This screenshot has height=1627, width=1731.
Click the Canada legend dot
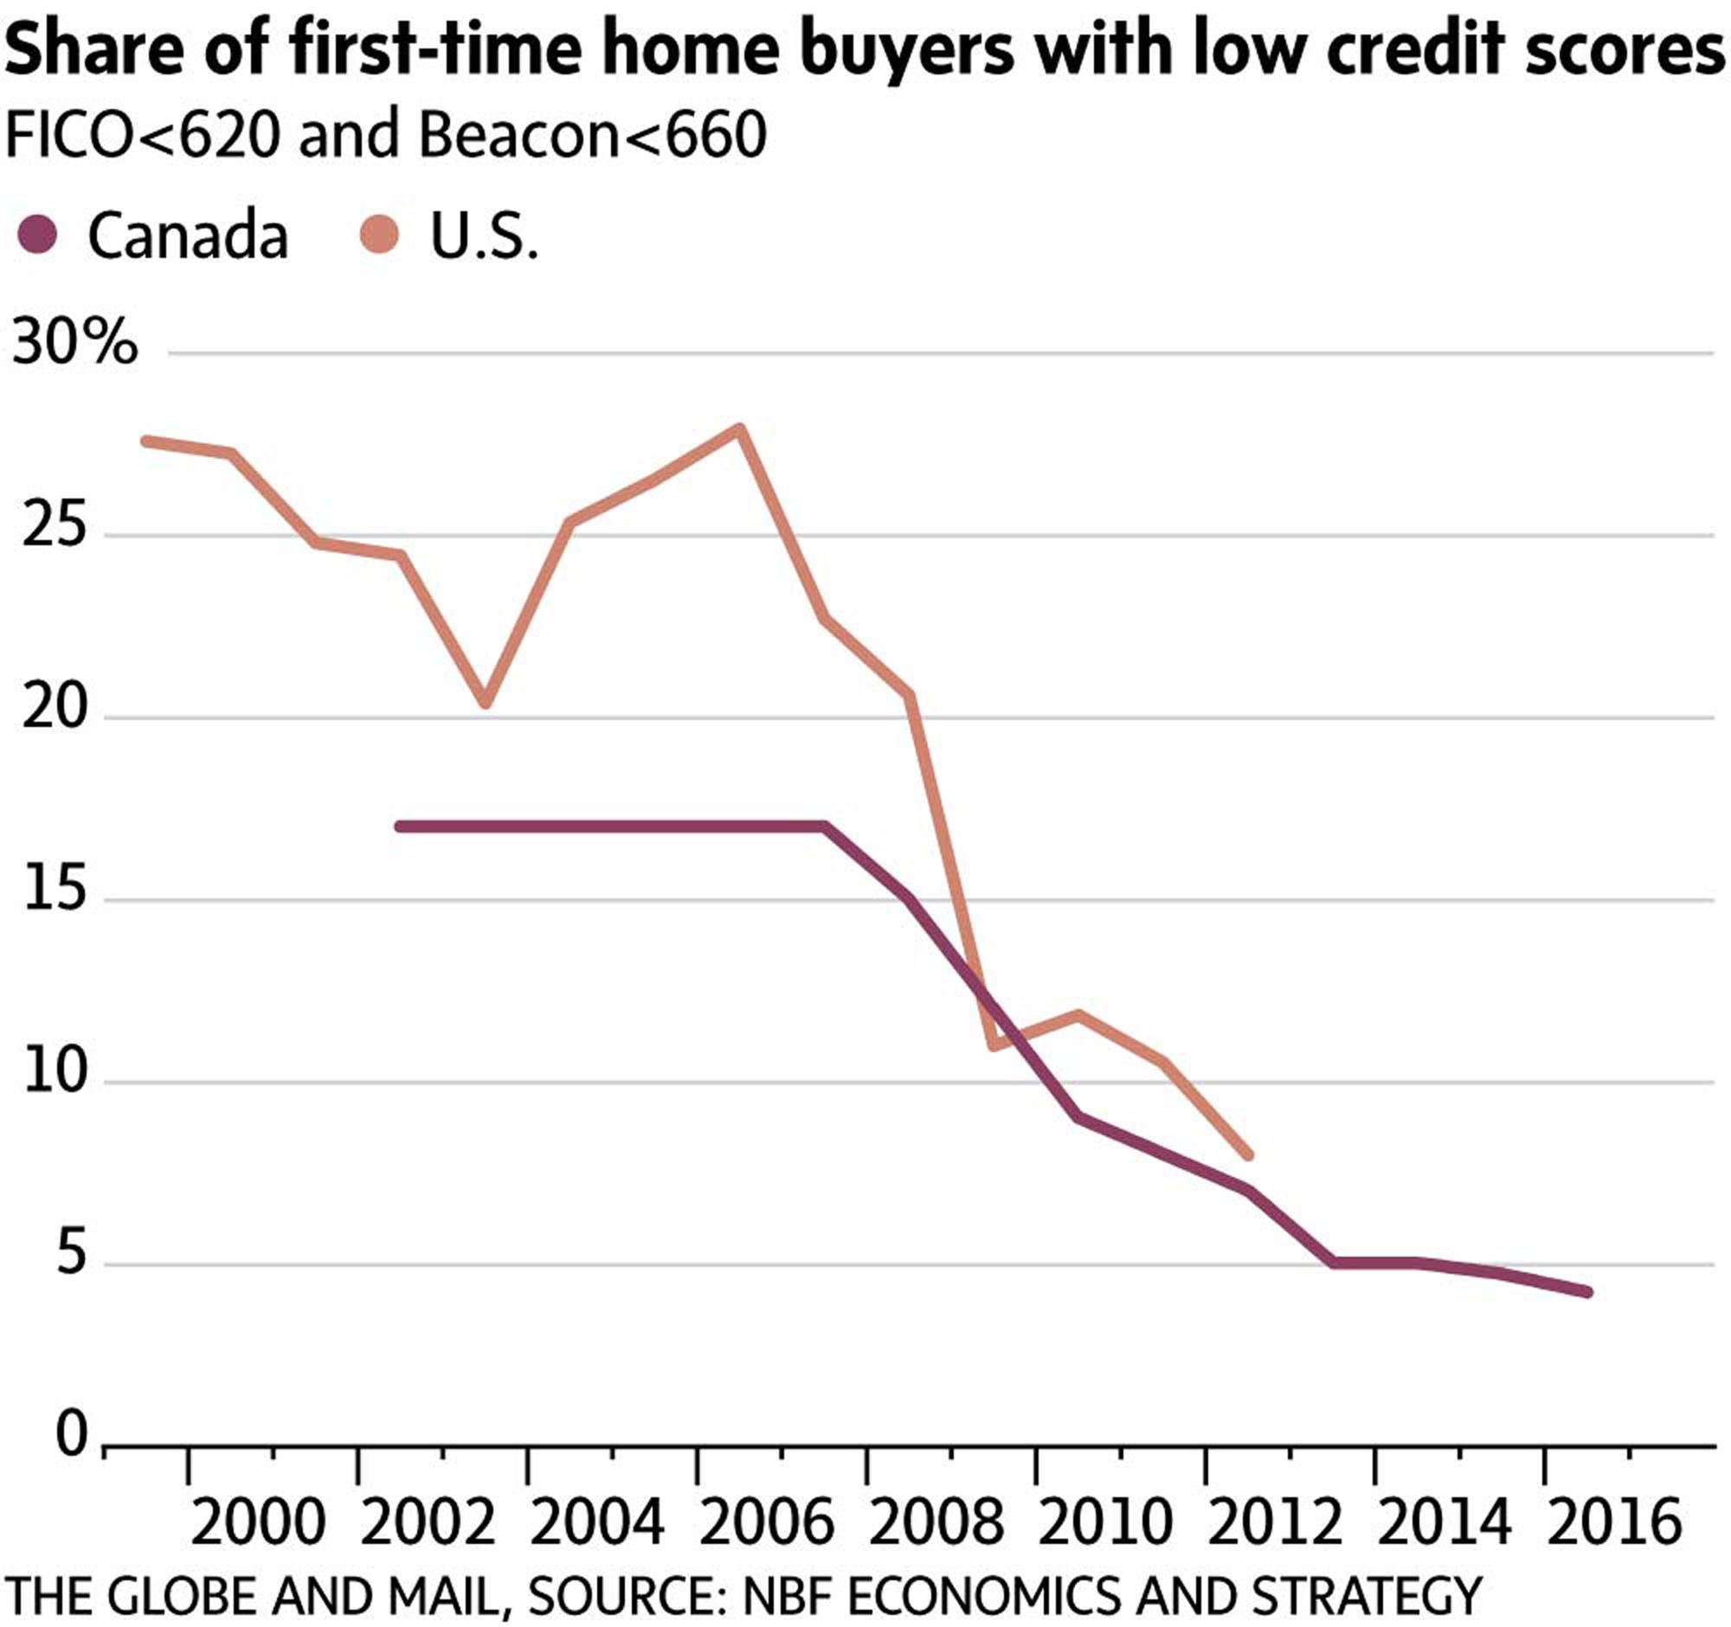36,236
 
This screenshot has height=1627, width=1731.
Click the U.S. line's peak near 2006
739,428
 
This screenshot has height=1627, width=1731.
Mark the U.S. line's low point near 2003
486,702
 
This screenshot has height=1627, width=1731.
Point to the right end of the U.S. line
1248,1155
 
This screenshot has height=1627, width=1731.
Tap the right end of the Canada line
1587,1293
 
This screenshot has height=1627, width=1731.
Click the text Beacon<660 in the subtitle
592,136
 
